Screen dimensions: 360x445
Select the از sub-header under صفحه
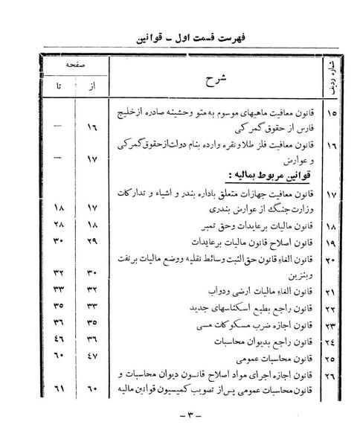click(x=93, y=89)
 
